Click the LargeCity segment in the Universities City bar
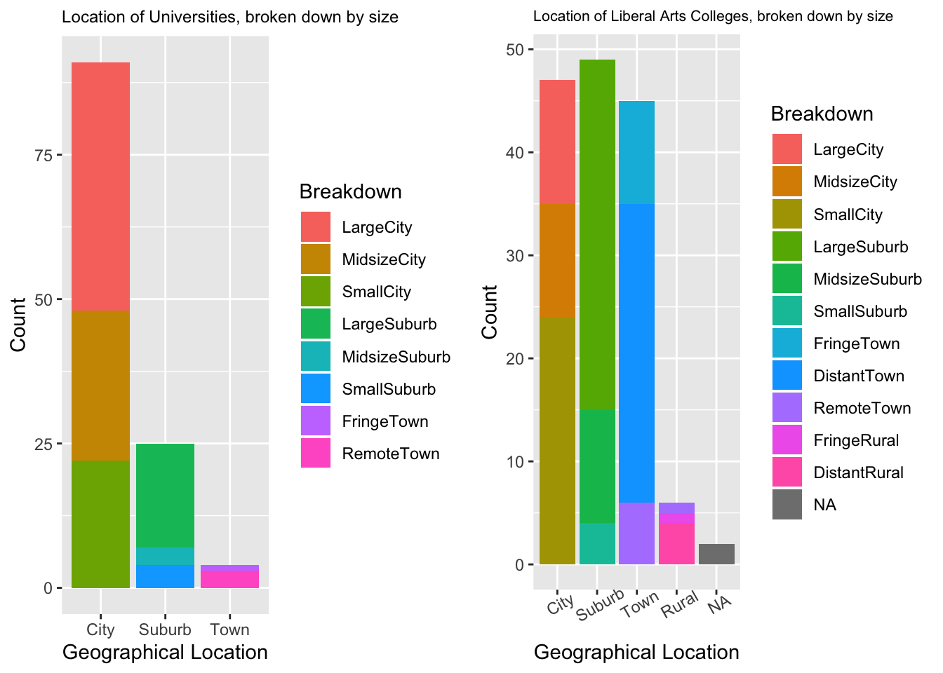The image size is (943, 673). (100, 186)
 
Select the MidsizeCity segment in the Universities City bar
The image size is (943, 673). (100, 386)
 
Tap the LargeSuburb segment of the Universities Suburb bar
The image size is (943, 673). (165, 495)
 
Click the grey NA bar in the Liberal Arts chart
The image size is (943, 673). (716, 554)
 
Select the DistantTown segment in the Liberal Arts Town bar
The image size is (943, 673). (636, 353)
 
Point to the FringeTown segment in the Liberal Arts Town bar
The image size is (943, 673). (636, 152)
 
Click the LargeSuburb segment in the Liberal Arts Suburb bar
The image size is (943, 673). (597, 235)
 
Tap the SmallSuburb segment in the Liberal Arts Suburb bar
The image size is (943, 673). (597, 543)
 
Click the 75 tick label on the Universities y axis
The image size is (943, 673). (44, 155)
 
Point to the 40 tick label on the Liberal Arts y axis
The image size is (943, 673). (516, 152)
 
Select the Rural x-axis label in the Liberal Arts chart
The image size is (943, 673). (680, 604)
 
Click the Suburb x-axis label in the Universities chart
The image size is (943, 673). (165, 630)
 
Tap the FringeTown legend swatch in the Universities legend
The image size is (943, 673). (315, 421)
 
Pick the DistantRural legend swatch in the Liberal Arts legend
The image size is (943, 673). (787, 473)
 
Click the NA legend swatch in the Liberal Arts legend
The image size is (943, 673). (787, 505)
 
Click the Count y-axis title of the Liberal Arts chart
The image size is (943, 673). (490, 312)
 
